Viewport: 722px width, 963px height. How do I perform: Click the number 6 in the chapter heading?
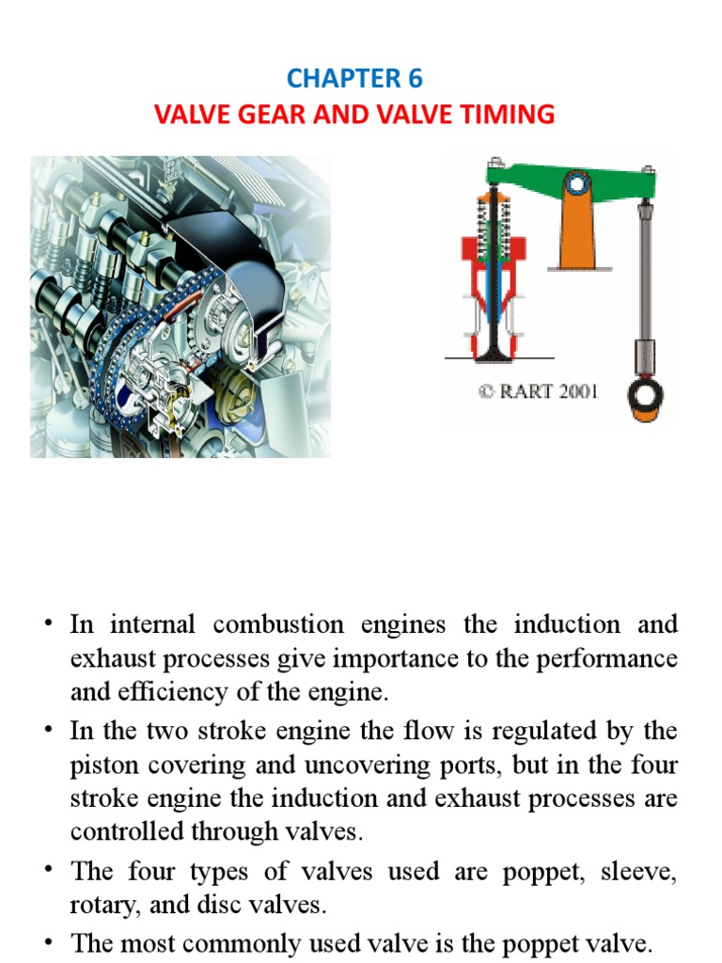pyautogui.click(x=415, y=79)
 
